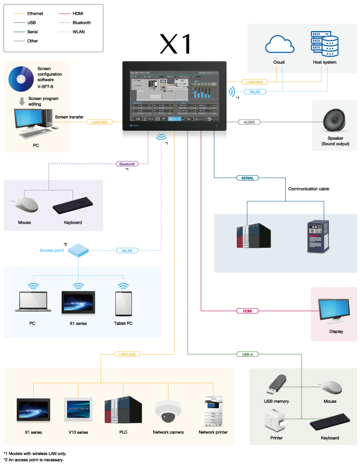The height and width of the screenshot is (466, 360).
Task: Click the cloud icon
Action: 279,45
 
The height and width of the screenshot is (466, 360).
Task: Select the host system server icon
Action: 325,44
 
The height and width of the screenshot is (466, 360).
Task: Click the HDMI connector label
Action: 248,311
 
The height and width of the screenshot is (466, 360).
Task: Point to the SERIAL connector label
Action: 248,178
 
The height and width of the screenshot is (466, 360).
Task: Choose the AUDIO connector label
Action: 249,122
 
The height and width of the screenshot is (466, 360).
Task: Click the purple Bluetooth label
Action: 127,164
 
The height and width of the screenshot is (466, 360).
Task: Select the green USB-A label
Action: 248,354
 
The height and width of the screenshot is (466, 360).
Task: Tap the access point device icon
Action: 79,250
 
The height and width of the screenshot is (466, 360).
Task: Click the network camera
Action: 168,411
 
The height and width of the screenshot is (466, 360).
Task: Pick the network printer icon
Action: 213,411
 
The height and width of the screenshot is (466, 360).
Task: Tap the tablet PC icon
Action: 123,303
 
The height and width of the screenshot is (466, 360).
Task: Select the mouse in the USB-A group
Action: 330,387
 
